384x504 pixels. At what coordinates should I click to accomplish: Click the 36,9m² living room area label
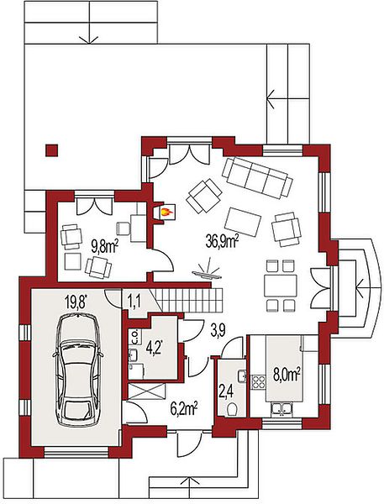pos(222,241)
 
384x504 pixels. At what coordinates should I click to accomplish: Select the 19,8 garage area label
pos(76,302)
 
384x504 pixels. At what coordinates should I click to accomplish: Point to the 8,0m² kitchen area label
pos(287,375)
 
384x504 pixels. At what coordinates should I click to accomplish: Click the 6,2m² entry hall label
pos(184,410)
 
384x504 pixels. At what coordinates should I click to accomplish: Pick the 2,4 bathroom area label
pos(226,393)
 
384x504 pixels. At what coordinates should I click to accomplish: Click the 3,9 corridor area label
pos(218,331)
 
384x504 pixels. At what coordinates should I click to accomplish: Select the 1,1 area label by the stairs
pos(132,302)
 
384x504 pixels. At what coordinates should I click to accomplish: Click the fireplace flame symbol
pos(166,212)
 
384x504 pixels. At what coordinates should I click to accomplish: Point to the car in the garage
pos(78,370)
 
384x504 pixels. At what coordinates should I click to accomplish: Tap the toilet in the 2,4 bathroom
pos(232,409)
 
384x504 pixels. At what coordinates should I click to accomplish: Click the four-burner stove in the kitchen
pos(258,382)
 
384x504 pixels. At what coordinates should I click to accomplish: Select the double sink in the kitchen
pos(281,408)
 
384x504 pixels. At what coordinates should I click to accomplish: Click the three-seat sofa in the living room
pos(257,177)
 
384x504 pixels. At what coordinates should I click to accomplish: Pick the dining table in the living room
pos(280,286)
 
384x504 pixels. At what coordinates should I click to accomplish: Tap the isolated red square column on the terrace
pos(51,150)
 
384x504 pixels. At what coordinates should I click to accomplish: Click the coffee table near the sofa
pos(243,222)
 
